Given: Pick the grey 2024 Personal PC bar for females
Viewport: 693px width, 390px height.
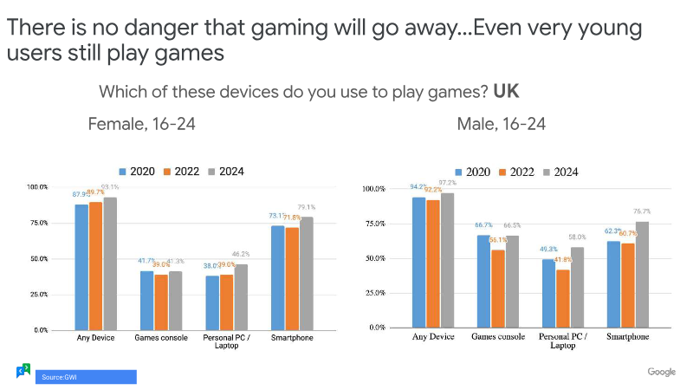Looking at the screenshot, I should pos(240,297).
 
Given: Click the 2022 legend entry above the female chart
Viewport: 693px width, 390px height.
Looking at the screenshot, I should pos(184,172).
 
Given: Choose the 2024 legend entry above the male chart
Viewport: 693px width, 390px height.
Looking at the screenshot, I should pos(560,172).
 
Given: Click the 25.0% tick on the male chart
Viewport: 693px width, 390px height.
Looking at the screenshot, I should pos(373,293).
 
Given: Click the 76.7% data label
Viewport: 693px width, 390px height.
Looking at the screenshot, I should pos(642,211).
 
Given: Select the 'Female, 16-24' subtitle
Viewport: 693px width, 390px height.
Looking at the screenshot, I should pos(142,124).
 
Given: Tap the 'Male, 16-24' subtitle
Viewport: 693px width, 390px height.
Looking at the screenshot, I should pos(502,124).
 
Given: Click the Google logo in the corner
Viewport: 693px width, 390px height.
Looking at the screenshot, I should pos(661,372).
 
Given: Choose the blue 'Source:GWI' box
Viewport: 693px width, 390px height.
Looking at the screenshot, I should pos(86,377).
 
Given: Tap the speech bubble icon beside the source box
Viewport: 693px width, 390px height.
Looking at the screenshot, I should pos(23,371).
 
